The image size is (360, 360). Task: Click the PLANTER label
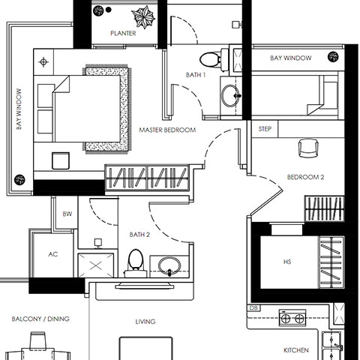[x=123, y=33]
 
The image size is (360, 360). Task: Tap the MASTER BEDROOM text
[x=167, y=130]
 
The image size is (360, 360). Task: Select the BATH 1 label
[x=196, y=75]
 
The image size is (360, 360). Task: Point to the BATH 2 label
[x=139, y=235]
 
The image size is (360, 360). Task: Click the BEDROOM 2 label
[x=305, y=177]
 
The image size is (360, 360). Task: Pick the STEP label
[x=265, y=129]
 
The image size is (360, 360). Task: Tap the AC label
[x=53, y=254]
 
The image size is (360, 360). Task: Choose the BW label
[x=67, y=214]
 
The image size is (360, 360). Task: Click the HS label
[x=287, y=262]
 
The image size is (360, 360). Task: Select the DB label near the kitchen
[x=253, y=308]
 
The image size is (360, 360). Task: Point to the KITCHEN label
[x=296, y=350]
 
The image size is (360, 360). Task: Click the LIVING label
[x=145, y=322]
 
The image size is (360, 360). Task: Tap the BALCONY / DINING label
[x=40, y=319]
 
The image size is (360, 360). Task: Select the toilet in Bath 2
[x=136, y=263]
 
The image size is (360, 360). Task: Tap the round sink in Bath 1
[x=230, y=95]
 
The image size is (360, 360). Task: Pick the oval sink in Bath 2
[x=169, y=265]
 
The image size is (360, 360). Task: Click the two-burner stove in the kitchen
[x=292, y=318]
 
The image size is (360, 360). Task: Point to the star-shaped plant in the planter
[x=143, y=17]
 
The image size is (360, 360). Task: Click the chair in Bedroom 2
[x=309, y=148]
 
